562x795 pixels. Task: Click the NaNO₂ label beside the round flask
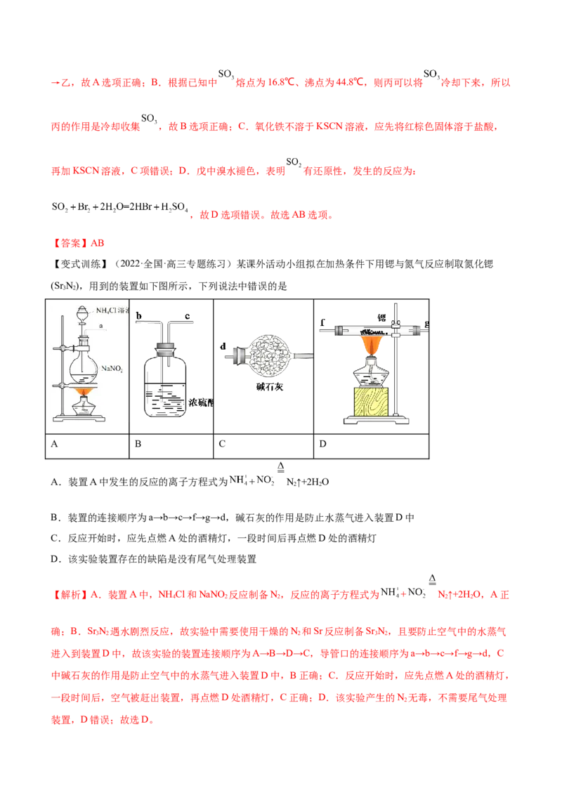pyautogui.click(x=112, y=369)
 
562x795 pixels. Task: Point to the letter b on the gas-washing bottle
pyautogui.click(x=138, y=316)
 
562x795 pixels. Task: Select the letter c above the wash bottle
pyautogui.click(x=187, y=316)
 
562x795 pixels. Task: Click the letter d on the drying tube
pyautogui.click(x=223, y=346)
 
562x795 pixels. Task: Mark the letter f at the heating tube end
pyautogui.click(x=322, y=322)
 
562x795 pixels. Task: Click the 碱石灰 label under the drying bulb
pyautogui.click(x=269, y=387)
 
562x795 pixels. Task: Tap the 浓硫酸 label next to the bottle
pyautogui.click(x=200, y=402)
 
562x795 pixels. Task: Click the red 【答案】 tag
pyautogui.click(x=70, y=244)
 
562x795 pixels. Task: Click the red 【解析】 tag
pyautogui.click(x=70, y=595)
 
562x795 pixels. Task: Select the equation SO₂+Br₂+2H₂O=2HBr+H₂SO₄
pyautogui.click(x=119, y=207)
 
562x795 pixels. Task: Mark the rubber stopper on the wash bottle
pyautogui.click(x=165, y=349)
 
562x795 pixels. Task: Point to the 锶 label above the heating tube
pyautogui.click(x=381, y=317)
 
